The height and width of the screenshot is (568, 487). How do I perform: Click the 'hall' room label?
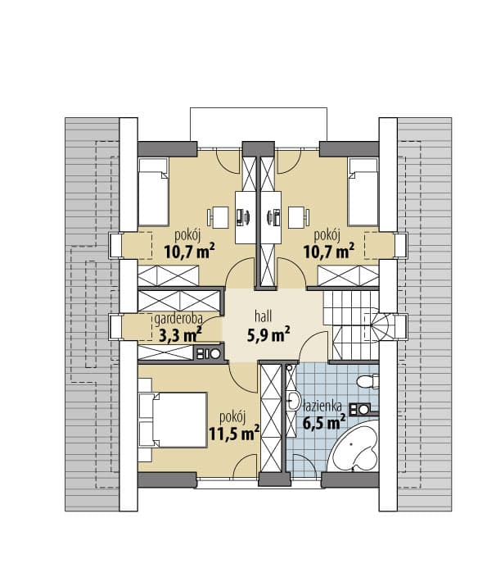tap(263, 316)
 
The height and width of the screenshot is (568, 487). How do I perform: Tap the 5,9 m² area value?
tap(268, 334)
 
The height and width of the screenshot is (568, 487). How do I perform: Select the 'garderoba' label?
tap(178, 319)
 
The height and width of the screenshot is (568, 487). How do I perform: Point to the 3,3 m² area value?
tap(180, 335)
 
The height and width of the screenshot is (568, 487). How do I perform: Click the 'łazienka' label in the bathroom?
tap(322, 406)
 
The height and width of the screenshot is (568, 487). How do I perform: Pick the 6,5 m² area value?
tap(324, 423)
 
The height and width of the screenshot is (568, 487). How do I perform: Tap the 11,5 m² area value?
tap(234, 433)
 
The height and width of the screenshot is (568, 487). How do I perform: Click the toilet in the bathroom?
tap(368, 381)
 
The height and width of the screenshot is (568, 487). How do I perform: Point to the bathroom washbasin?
tap(294, 400)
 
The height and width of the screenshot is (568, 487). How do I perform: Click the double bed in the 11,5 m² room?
tap(172, 420)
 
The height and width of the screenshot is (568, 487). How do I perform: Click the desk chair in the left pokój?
tap(218, 217)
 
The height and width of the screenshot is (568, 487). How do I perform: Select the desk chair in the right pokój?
tap(299, 217)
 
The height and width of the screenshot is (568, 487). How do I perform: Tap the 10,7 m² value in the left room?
tap(190, 251)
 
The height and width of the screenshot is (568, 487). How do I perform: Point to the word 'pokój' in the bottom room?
tap(232, 417)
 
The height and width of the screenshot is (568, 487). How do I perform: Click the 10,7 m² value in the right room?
tap(328, 251)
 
